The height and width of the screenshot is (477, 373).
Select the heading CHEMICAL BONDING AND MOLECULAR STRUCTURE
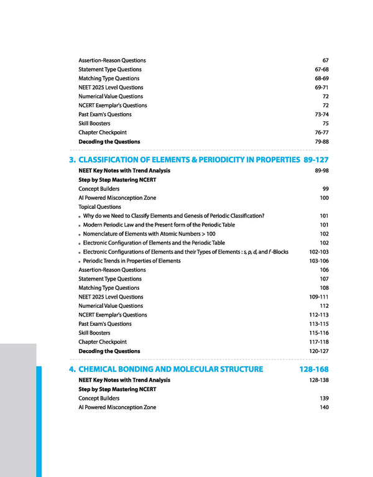pyautogui.click(x=171, y=369)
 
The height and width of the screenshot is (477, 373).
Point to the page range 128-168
pyautogui.click(x=314, y=369)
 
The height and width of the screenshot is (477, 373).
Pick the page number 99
pyautogui.click(x=325, y=188)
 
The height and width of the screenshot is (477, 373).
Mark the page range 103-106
pyautogui.click(x=318, y=261)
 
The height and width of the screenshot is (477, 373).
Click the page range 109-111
pyautogui.click(x=318, y=297)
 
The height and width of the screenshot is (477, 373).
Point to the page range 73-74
pyautogui.click(x=321, y=114)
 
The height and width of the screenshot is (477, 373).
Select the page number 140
pyautogui.click(x=323, y=407)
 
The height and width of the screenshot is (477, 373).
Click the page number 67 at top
pyautogui.click(x=325, y=60)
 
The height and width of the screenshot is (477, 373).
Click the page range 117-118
pyautogui.click(x=318, y=342)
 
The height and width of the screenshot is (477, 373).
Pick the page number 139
pyautogui.click(x=323, y=398)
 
